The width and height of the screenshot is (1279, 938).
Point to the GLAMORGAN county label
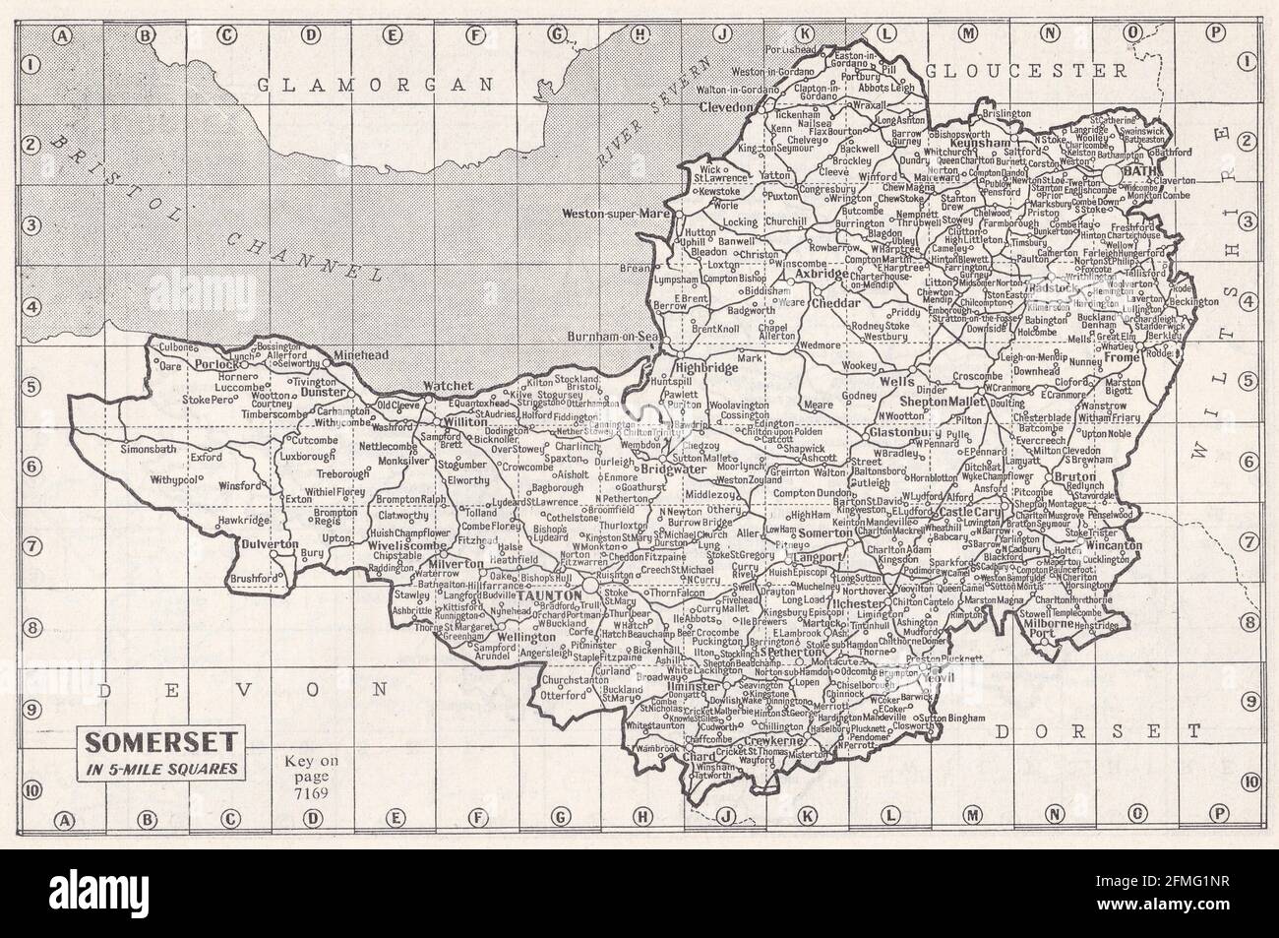click(375, 86)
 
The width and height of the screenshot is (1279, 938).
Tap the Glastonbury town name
click(902, 431)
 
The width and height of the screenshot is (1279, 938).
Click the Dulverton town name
click(258, 543)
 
